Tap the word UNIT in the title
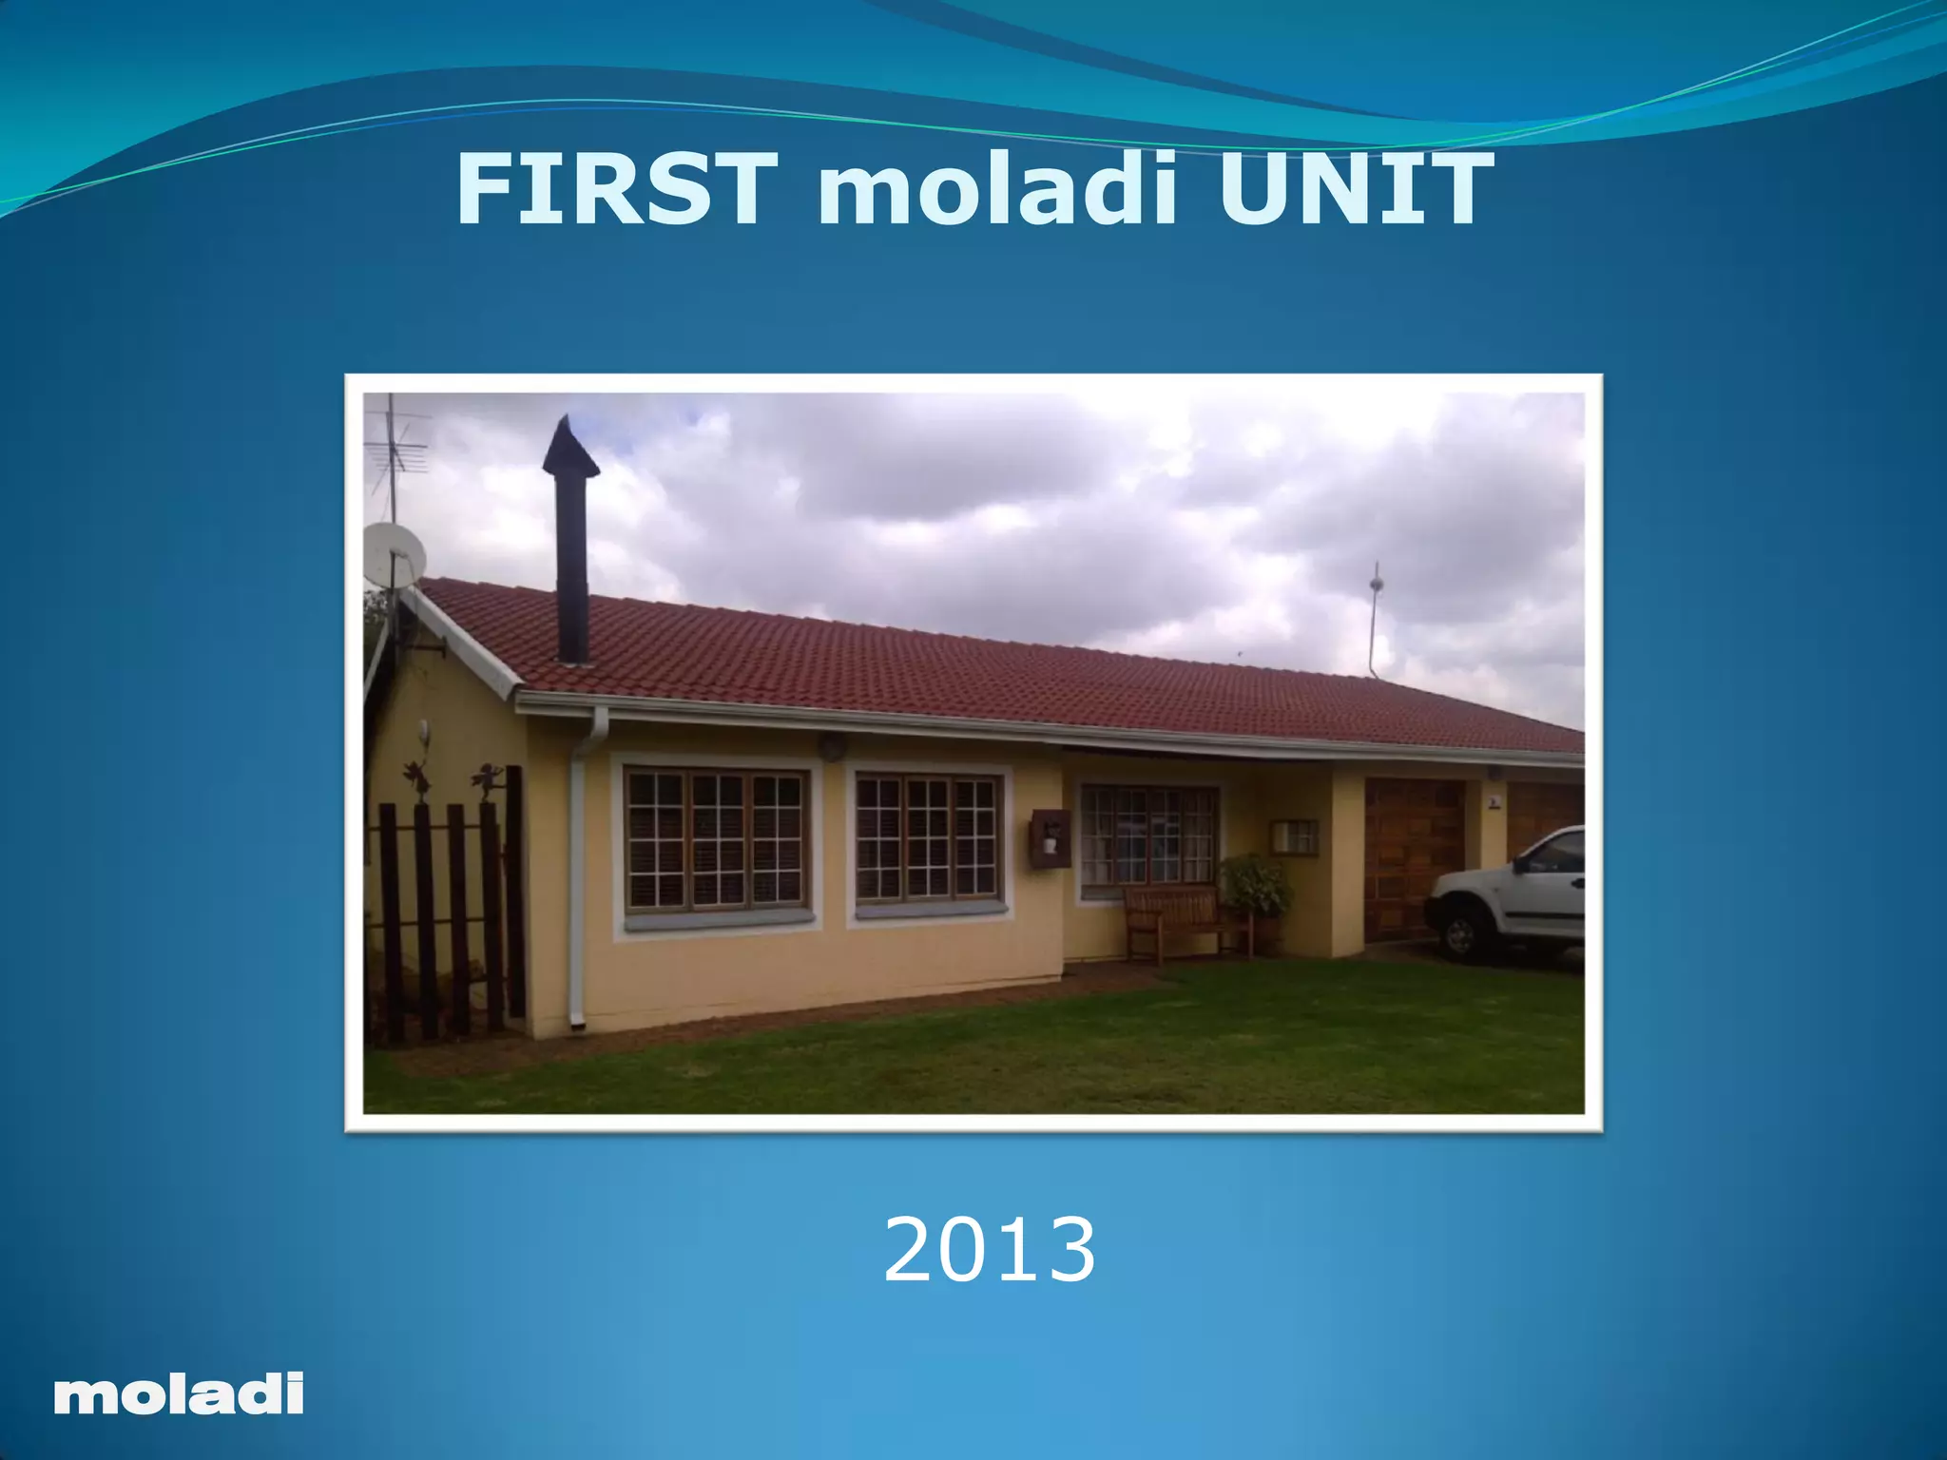[1355, 190]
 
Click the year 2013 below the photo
[989, 1250]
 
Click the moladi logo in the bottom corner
[179, 1394]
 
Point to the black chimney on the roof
[571, 542]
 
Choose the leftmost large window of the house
[716, 839]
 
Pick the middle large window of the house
[929, 836]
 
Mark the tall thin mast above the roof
[1375, 618]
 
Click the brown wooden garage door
[1412, 855]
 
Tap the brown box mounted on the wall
[1049, 836]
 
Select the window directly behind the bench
[1148, 836]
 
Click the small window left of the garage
[1294, 836]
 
